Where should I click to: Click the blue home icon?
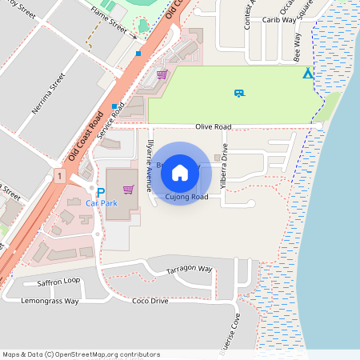[180, 173]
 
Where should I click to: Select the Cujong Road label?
[187, 197]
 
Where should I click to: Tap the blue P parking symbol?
[100, 192]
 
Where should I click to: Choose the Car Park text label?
[102, 204]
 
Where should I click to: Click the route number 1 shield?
[59, 174]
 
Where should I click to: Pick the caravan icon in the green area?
[238, 93]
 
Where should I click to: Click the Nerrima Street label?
[45, 93]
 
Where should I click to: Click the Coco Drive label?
[150, 301]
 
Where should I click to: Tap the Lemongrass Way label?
[50, 302]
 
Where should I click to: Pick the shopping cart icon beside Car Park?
[129, 190]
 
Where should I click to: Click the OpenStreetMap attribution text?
[82, 354]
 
